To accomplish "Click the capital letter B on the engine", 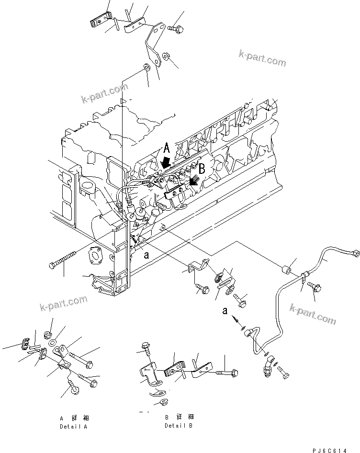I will pos(202,169).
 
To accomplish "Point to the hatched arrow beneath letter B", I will pos(194,181).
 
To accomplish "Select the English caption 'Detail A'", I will pos(75,426).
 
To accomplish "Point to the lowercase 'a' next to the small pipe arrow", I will pos(225,311).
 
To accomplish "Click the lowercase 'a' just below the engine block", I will pos(147,255).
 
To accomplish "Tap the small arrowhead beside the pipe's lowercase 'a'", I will pos(235,318).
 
